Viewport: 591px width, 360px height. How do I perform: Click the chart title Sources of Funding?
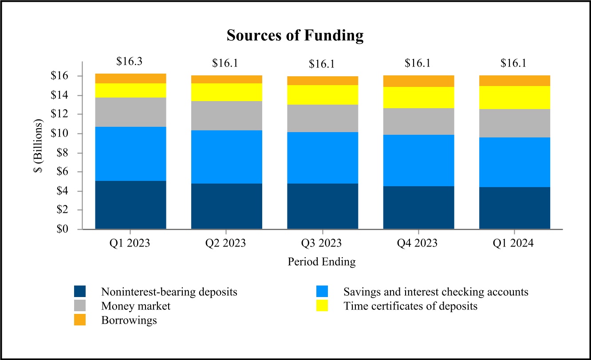pos(295,35)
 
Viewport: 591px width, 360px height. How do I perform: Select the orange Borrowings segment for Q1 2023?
pos(130,78)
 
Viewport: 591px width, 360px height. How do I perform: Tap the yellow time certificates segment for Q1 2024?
pos(515,98)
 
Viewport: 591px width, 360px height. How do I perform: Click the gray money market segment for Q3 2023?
pos(323,118)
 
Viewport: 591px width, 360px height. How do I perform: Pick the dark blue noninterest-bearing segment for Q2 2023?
pos(226,206)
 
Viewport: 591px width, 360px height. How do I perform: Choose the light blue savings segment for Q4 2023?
pos(418,160)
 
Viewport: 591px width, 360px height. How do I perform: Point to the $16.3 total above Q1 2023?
pos(129,62)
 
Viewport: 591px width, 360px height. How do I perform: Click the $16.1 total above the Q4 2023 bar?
pos(418,63)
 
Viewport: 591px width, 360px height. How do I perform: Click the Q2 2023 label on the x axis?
pos(226,243)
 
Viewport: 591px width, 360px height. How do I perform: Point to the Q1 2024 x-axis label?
pos(514,243)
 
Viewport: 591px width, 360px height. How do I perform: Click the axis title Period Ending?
pos(322,262)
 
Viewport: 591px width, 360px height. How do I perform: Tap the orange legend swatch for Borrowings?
pos(80,320)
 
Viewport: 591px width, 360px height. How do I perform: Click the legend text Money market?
pos(135,306)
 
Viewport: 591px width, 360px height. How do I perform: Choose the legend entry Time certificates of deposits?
pos(410,306)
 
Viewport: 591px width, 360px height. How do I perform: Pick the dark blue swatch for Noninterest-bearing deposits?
pos(80,292)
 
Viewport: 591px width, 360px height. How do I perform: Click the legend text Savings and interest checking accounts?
pos(436,292)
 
